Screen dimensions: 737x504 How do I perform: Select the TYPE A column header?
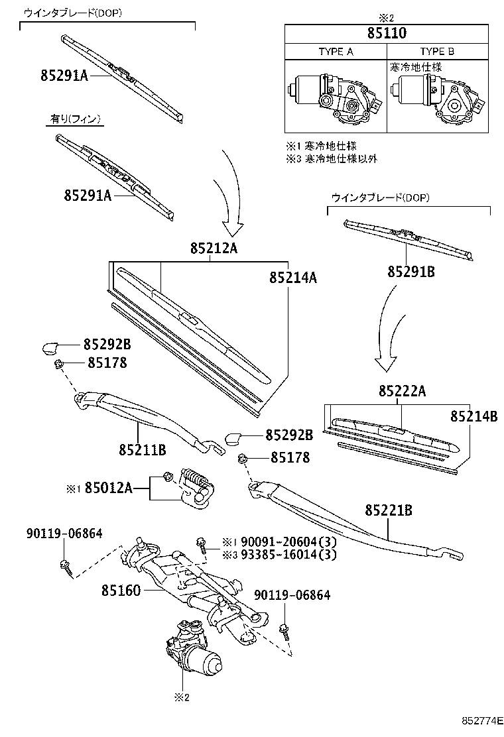tap(336, 52)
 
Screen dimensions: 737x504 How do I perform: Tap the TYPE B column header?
tap(437, 52)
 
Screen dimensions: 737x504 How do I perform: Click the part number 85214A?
tap(292, 278)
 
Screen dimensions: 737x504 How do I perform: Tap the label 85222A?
tap(402, 392)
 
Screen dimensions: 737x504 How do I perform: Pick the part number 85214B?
tap(473, 416)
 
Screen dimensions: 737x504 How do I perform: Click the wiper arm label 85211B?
tap(142, 450)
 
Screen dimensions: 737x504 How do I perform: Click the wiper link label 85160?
tap(121, 589)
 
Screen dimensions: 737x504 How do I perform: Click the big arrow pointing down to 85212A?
tap(231, 199)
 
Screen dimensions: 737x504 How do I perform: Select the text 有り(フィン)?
tap(76, 119)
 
